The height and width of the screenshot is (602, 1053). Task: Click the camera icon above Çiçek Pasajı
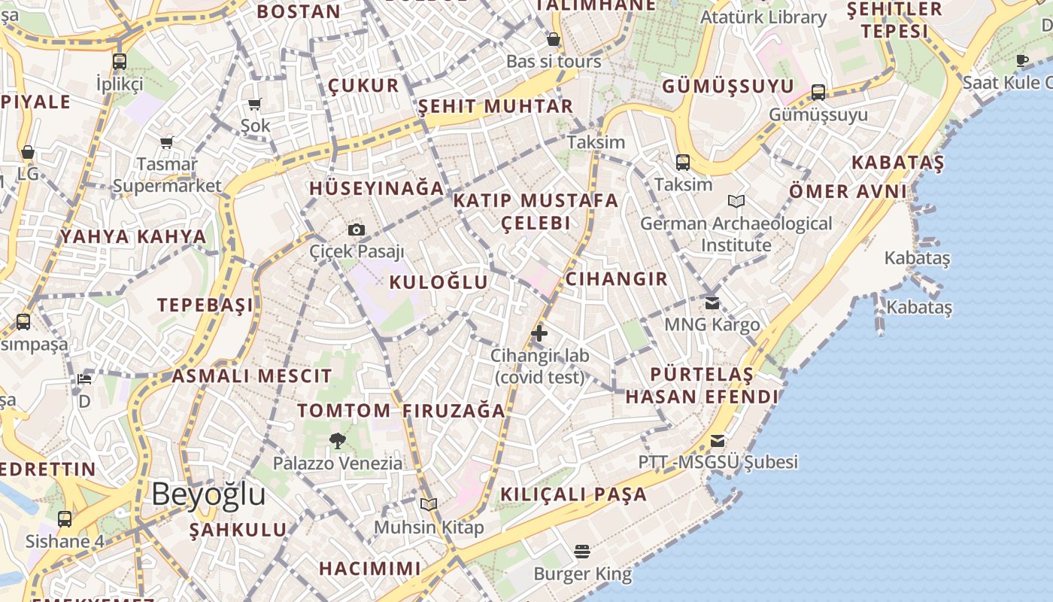point(357,230)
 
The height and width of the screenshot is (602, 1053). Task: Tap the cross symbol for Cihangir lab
point(539,333)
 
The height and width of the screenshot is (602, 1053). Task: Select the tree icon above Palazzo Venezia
point(338,440)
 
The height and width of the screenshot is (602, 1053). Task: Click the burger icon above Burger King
point(582,552)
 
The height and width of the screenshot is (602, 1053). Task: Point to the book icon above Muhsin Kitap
point(429,504)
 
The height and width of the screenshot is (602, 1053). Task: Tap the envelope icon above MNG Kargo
point(712,303)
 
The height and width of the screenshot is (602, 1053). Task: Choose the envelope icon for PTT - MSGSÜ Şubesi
point(718,440)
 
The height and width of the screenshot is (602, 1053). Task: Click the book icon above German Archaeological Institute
point(736,201)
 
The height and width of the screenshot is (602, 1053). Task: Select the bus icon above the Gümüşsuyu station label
point(818,93)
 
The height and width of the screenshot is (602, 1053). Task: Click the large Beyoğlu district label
point(208,494)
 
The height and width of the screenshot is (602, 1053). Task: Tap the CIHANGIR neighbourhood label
point(616,279)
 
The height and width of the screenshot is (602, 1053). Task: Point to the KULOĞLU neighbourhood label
point(438,282)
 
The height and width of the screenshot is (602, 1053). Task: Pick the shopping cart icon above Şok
point(255,104)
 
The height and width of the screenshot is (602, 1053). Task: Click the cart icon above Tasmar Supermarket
point(167,141)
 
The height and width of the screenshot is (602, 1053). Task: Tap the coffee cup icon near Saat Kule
point(1022,60)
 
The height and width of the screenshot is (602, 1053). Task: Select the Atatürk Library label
point(763,17)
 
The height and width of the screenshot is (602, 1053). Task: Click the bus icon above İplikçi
point(120,62)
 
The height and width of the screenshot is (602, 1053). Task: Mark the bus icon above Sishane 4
point(65,518)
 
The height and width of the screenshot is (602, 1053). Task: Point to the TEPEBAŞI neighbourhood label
point(205,305)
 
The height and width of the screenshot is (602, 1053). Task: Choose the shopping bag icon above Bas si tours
point(554,39)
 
